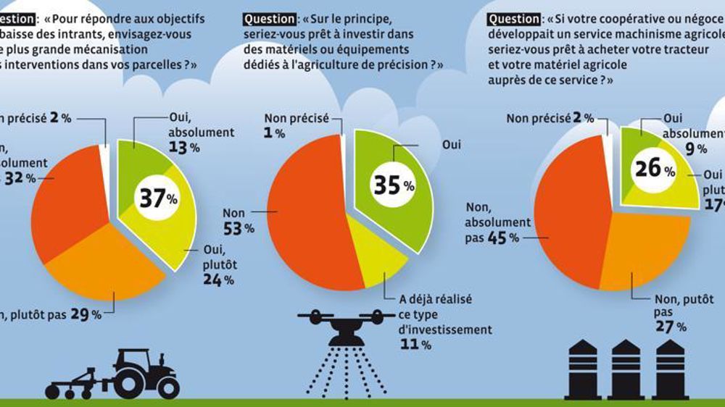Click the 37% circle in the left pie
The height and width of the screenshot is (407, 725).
click(x=156, y=198)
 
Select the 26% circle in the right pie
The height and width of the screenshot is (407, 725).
click(x=653, y=168)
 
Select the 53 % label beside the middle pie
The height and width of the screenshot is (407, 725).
click(x=239, y=228)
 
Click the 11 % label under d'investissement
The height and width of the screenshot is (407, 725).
click(x=415, y=345)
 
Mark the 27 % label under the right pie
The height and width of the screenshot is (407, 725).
click(x=671, y=327)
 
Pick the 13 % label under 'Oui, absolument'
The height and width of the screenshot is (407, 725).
click(x=184, y=148)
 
